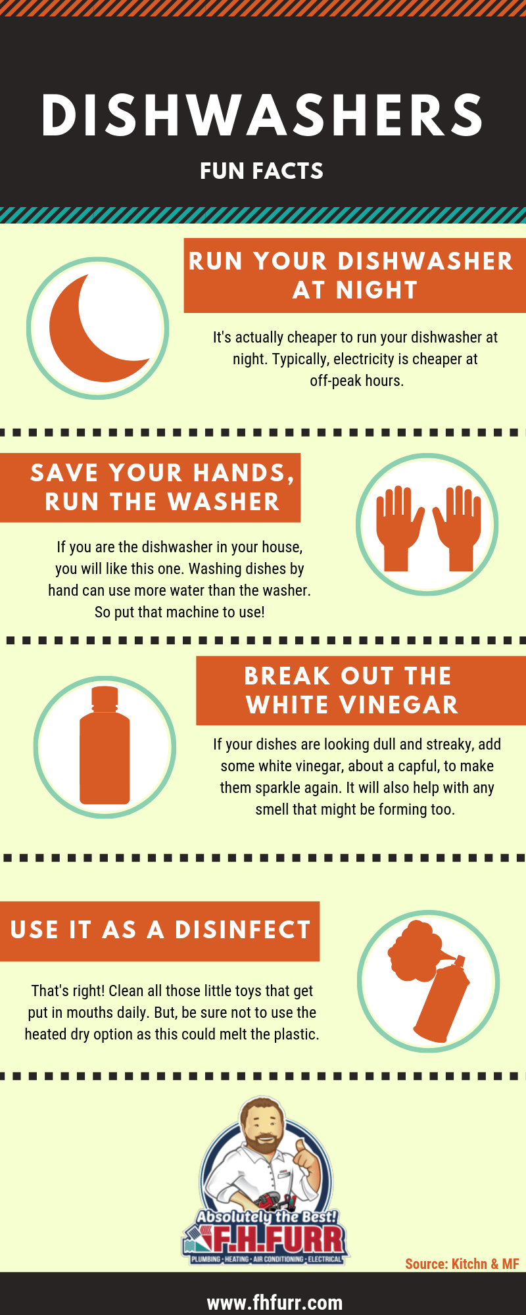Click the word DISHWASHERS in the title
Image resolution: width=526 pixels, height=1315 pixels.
[262, 116]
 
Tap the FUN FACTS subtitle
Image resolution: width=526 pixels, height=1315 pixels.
[262, 171]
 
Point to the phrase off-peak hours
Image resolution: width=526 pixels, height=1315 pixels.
[356, 381]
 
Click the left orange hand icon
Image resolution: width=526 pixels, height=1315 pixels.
[397, 526]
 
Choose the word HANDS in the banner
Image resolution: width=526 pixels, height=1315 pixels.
[239, 473]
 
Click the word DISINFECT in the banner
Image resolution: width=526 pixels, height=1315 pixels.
[243, 930]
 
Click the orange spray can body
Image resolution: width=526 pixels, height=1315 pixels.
[444, 999]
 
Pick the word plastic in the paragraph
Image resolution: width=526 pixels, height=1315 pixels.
[295, 1034]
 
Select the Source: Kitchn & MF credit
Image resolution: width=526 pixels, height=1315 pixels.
[462, 1264]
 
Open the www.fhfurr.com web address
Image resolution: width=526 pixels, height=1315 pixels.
[274, 1303]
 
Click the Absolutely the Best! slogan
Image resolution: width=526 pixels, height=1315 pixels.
[266, 1217]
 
